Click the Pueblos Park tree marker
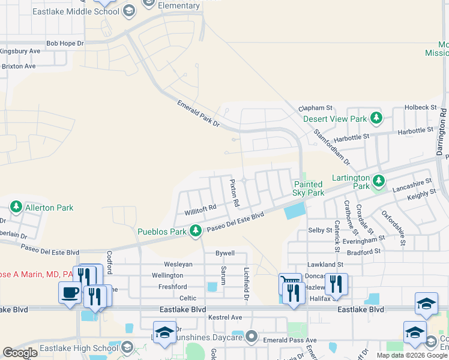(195, 230)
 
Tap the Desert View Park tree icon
(376, 118)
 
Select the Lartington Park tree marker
(378, 180)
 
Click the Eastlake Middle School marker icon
(128, 10)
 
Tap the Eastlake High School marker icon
(127, 347)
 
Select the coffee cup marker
(70, 293)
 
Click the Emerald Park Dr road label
(199, 113)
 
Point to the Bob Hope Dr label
(65, 44)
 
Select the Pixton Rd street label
(234, 193)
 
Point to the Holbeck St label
(420, 107)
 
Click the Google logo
(20, 352)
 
